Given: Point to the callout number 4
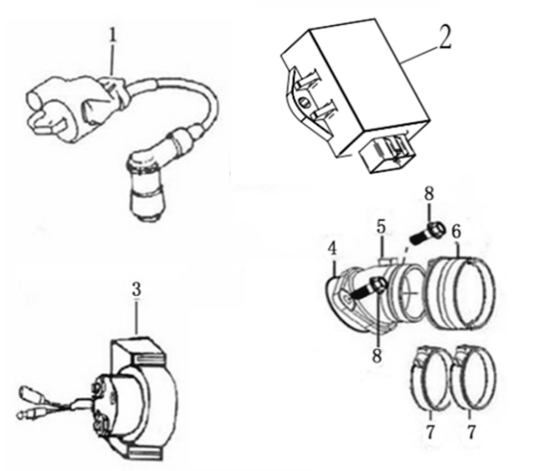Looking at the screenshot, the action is coord(332,249).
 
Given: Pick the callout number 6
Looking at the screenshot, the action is coord(456,231).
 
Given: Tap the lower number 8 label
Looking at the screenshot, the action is coord(376,356).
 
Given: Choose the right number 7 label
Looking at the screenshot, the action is coord(471,433).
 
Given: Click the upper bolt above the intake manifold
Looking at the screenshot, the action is coord(428,233).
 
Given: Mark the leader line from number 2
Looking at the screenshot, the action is coord(418,55).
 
